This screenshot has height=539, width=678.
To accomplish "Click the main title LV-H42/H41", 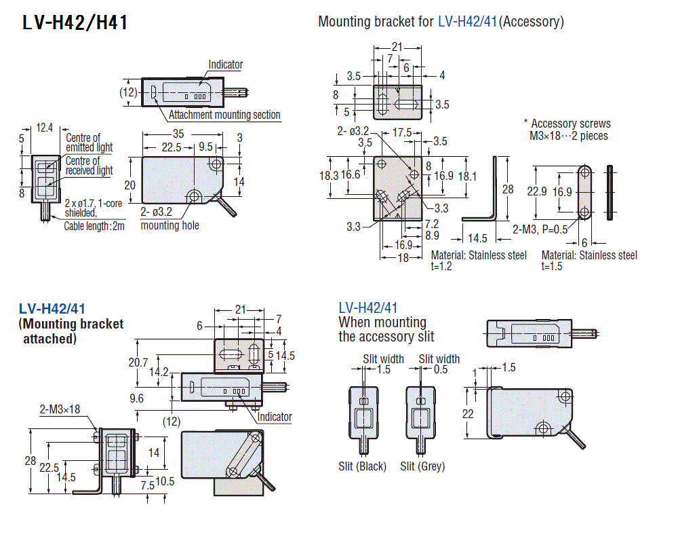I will point(75,22).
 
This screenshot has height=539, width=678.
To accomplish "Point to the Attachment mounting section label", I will point(224,115).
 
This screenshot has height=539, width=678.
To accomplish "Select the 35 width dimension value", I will point(178,133).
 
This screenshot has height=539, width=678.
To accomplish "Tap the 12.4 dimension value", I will point(45,128).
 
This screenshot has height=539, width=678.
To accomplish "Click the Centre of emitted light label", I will point(89,143).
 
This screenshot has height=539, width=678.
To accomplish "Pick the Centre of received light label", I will point(89,166).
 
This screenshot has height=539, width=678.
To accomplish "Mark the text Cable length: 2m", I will point(94,226).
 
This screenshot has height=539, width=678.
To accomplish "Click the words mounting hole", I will point(169,225).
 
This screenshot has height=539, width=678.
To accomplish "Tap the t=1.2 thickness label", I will point(441,266).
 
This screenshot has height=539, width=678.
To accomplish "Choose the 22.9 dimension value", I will point(537,191).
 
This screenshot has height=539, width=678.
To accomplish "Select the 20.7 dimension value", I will point(138,363).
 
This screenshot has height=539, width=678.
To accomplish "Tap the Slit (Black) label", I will point(362,466).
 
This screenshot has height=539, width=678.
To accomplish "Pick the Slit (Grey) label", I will point(422,466).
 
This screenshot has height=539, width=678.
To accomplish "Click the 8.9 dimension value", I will point(431,236).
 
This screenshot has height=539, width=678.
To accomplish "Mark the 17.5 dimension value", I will point(402,133).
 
